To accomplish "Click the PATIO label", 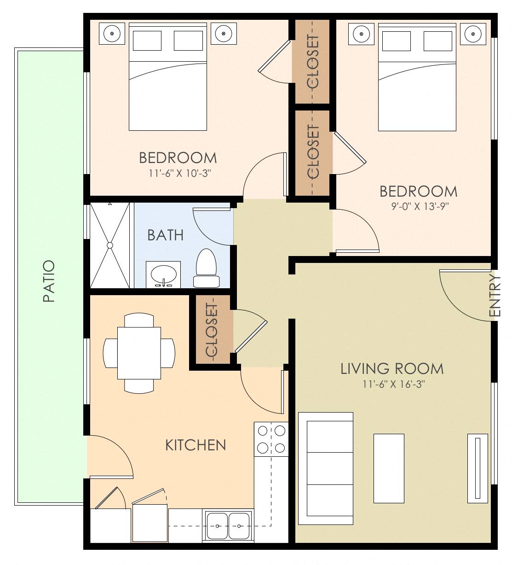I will coord(49,281).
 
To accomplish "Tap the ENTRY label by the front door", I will coord(495,296).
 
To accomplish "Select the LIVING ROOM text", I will coord(392,369).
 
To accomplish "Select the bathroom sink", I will coord(163,275).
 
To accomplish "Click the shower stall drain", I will coord(110,245).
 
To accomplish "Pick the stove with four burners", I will coord(271,439).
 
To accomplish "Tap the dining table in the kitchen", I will coord(139,353).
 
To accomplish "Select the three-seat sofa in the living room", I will coord(326,468).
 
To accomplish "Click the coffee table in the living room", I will coord(389,468).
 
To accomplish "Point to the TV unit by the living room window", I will coord(477,468).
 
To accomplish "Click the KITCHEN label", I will coord(196,445).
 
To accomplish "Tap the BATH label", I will coord(165,235).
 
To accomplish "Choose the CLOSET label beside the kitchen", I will coord(212,330).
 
